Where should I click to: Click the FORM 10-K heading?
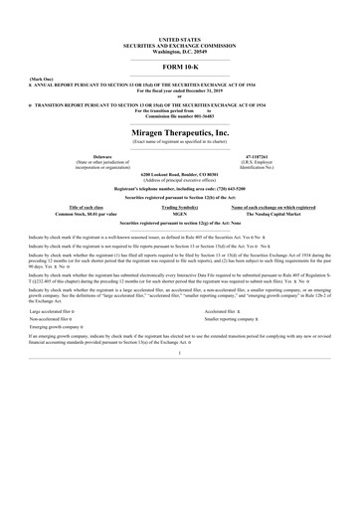[180, 66]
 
